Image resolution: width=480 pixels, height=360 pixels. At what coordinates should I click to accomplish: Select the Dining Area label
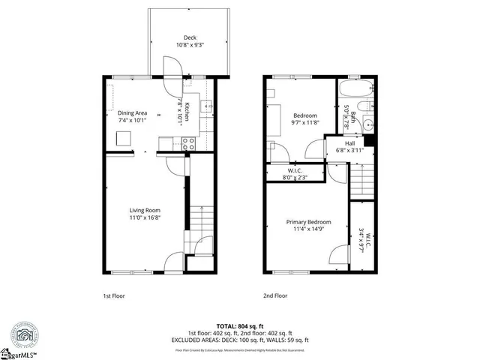coord(132,112)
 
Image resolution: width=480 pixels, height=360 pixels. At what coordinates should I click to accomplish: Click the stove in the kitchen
coord(189,141)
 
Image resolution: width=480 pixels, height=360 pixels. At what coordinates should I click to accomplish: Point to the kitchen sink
coord(208,107)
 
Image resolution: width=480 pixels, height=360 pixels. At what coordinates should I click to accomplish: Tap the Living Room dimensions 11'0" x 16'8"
coord(145,217)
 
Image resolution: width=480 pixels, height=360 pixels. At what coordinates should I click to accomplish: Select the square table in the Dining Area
coord(124,137)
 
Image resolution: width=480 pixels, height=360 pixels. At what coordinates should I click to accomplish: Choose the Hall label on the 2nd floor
coord(349,143)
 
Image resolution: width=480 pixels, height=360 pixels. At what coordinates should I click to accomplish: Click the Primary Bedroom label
coord(308,222)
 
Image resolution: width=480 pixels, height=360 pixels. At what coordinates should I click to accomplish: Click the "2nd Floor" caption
coord(275,296)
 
